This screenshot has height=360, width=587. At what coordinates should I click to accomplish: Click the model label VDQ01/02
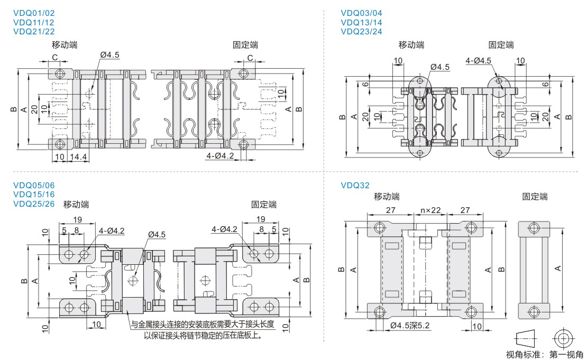[33, 13]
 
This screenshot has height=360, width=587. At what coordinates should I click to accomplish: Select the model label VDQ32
[355, 186]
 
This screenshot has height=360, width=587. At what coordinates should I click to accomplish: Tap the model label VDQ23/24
[362, 32]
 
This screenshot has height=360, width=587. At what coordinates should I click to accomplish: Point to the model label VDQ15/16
[33, 195]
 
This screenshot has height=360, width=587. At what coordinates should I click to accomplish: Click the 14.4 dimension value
[78, 157]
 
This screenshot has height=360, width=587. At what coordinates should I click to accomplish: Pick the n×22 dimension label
[430, 210]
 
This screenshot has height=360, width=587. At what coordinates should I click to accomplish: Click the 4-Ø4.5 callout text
[479, 61]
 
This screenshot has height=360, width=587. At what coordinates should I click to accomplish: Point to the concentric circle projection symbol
[563, 337]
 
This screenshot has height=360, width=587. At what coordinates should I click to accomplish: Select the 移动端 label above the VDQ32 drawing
[387, 197]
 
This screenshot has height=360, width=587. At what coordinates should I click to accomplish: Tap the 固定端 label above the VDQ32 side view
[535, 197]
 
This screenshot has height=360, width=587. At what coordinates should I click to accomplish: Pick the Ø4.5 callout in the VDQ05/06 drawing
[157, 234]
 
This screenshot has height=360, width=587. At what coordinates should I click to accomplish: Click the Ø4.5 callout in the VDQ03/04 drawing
[440, 67]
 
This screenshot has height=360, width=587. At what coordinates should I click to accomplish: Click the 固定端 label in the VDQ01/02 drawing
[245, 45]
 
